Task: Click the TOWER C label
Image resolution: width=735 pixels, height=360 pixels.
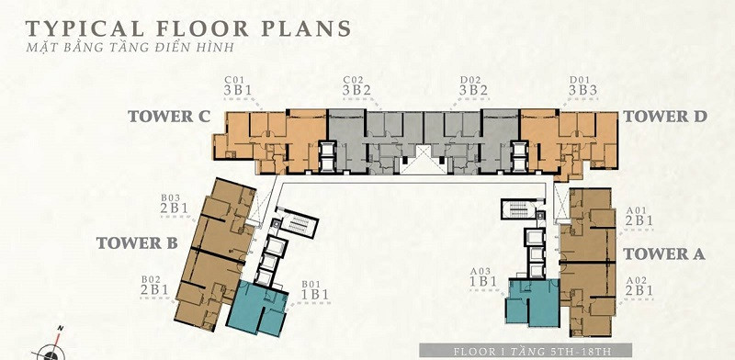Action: tap(169, 117)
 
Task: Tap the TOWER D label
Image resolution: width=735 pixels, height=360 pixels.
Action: tap(664, 117)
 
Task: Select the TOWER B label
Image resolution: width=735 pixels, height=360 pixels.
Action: tap(137, 242)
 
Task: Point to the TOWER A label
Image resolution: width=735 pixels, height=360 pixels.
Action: tap(663, 254)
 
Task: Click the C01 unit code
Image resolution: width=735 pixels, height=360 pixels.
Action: tap(234, 80)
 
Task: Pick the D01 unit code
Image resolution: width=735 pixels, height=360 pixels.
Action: tap(581, 80)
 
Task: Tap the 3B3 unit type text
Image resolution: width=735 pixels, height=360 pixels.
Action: tap(583, 90)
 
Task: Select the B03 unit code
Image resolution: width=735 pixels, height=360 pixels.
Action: tap(170, 198)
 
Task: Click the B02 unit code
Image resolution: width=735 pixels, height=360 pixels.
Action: tap(151, 280)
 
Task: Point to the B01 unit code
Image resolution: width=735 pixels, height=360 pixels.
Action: tap(311, 284)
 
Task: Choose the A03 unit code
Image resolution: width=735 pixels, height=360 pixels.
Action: tap(481, 271)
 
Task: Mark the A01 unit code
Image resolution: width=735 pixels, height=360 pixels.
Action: tap(637, 210)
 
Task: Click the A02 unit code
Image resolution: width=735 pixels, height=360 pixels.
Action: tap(637, 280)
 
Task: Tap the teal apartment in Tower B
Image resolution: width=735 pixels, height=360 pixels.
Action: tap(257, 308)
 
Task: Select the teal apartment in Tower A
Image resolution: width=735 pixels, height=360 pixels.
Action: tap(532, 302)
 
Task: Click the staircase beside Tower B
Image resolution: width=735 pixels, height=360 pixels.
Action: tap(296, 224)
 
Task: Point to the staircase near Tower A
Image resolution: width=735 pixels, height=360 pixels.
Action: tap(518, 209)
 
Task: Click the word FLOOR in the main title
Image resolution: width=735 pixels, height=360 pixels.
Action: tap(202, 29)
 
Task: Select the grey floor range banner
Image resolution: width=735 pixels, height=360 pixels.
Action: tap(525, 351)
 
